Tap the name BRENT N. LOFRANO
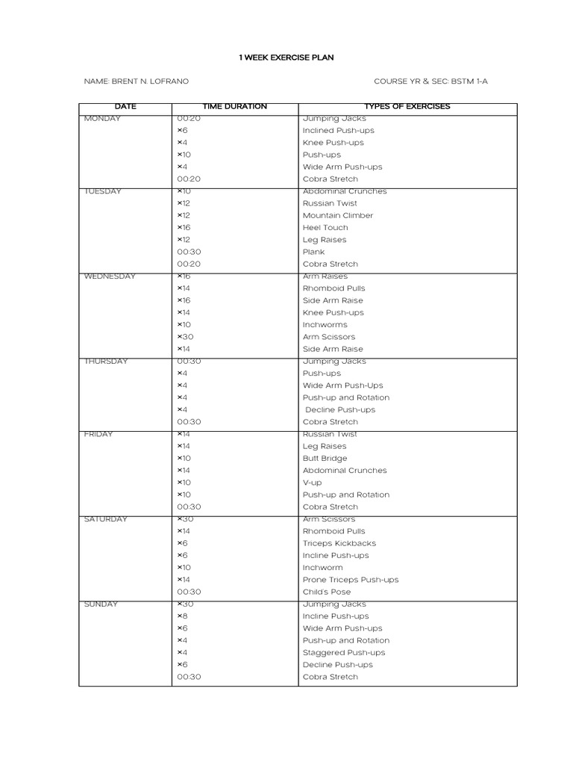(141, 81)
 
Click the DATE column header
(125, 107)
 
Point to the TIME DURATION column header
(234, 107)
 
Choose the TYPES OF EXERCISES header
(407, 107)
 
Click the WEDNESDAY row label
(110, 276)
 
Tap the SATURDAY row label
(106, 519)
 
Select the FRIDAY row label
(98, 434)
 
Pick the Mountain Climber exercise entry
(337, 216)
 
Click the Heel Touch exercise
(325, 228)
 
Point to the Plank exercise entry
(313, 253)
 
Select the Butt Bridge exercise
(325, 459)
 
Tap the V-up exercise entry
(312, 483)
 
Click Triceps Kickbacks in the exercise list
(339, 544)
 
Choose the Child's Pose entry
(326, 592)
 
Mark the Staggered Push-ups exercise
(343, 653)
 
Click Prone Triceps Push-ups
(350, 580)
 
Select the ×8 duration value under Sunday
(182, 616)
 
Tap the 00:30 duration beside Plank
(189, 253)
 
